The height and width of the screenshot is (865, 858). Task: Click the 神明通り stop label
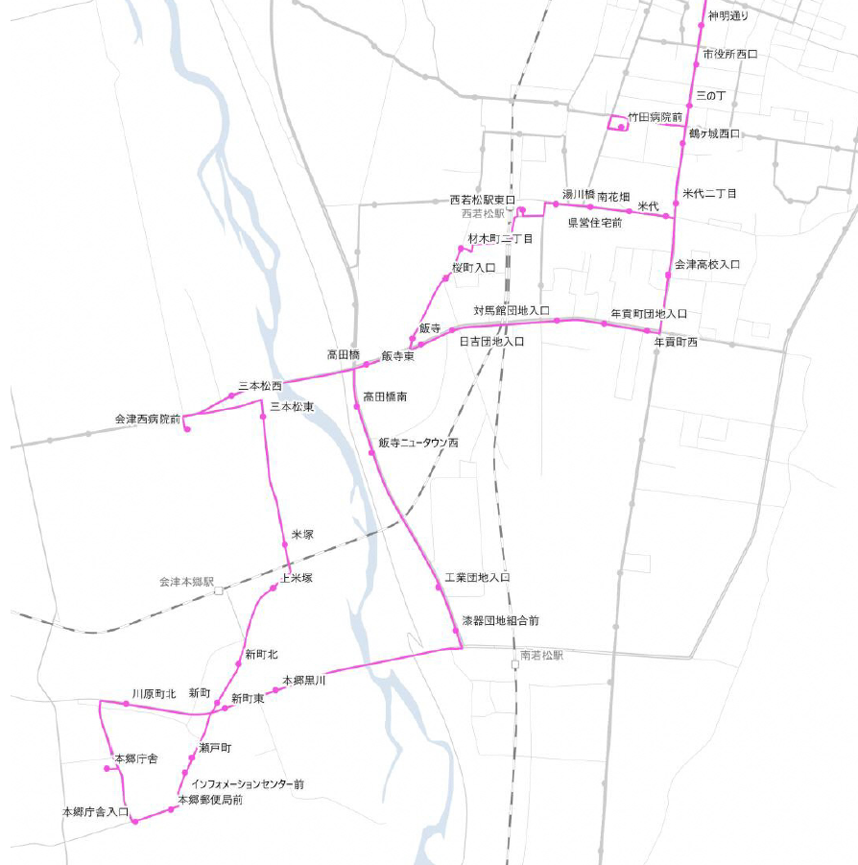coord(727,16)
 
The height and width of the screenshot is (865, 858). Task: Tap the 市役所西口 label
coord(729,55)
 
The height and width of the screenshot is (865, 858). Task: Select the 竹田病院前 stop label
coord(655,117)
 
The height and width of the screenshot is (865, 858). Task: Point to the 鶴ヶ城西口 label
coord(714,133)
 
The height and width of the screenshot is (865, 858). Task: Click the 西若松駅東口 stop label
coord(483,201)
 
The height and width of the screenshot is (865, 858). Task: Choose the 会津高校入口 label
coord(707,264)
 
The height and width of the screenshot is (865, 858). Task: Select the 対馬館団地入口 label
coord(512,311)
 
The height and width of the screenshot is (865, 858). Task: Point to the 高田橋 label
coord(343,354)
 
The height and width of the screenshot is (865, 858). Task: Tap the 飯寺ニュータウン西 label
coord(418,444)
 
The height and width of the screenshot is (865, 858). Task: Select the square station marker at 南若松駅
coord(514,664)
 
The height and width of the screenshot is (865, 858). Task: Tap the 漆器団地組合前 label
coord(500,621)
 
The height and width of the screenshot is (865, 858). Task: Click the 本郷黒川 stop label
coord(304,681)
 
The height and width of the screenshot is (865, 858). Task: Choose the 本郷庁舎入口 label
coord(95,812)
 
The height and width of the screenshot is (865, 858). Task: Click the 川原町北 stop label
coord(154,693)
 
